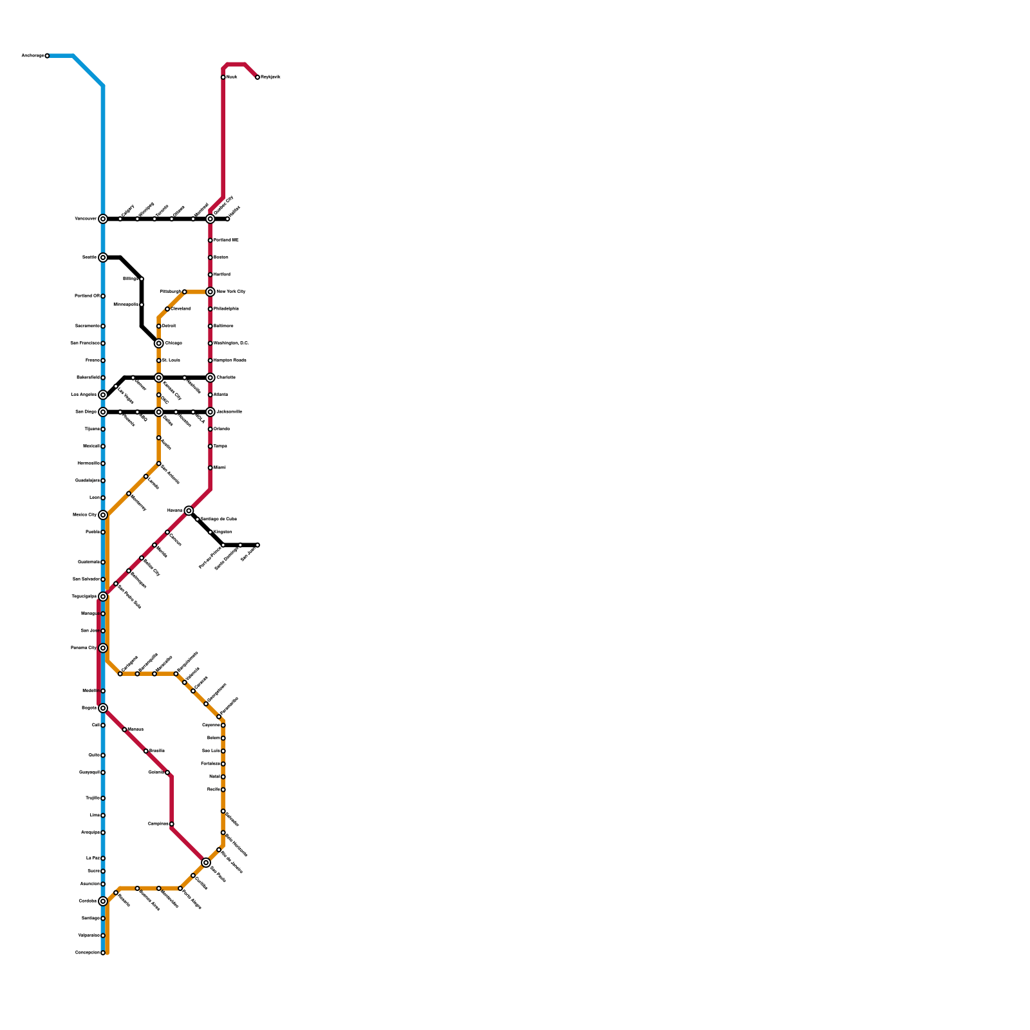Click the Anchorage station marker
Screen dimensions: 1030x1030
click(47, 56)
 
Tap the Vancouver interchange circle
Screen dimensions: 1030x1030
click(103, 219)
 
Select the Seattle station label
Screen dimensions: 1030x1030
click(89, 257)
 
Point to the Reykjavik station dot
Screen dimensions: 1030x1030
click(257, 77)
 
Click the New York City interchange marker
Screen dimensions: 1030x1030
click(211, 292)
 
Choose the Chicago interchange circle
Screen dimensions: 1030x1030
click(159, 343)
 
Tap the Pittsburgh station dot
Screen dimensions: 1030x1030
click(185, 292)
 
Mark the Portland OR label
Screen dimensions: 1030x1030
click(87, 296)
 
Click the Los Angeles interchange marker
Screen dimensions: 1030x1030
click(103, 395)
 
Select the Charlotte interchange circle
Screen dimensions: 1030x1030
click(211, 378)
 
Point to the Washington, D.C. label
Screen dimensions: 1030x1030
click(231, 343)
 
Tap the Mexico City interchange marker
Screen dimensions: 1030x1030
click(103, 515)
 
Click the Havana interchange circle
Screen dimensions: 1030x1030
click(189, 510)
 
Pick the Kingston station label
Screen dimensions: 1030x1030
click(223, 532)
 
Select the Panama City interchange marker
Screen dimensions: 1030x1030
click(103, 648)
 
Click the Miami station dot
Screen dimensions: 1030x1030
click(211, 468)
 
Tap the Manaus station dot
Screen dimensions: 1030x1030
click(124, 729)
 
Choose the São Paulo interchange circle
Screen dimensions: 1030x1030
click(206, 863)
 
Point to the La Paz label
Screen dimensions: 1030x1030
click(92, 858)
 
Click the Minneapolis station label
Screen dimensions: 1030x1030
click(126, 304)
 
